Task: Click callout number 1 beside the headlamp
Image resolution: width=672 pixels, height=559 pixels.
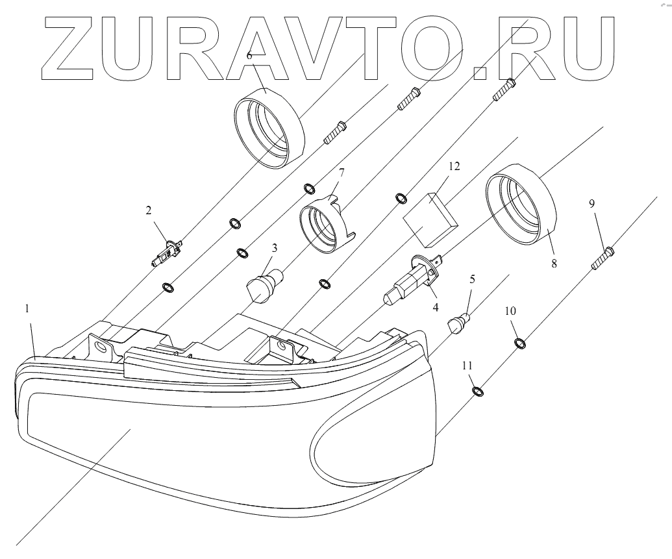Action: point(27,310)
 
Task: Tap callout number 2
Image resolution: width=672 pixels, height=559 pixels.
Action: point(149,210)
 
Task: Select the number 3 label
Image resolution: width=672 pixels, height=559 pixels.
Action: point(275,247)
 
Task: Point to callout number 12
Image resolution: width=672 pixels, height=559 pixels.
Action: point(454,167)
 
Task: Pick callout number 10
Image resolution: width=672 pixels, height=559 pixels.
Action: point(511,311)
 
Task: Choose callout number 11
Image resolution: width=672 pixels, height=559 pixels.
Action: point(467,366)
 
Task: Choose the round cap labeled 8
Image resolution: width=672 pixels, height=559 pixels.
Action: point(521,205)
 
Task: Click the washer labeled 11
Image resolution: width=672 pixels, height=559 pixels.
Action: point(478,391)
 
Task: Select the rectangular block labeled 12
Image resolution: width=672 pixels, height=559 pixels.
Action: point(430,218)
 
